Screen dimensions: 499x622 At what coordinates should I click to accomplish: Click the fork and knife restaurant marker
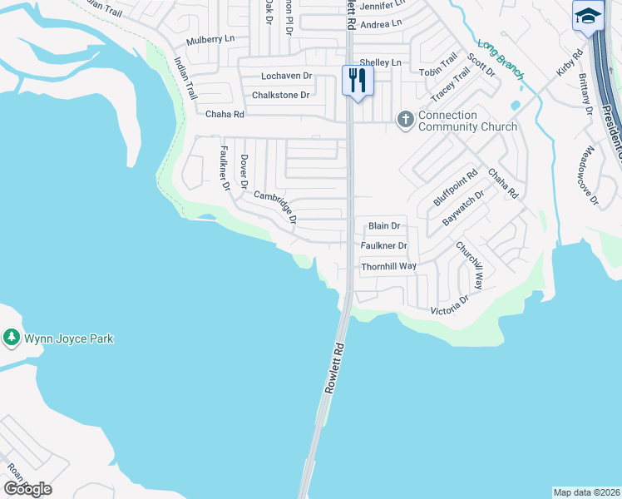click(x=358, y=82)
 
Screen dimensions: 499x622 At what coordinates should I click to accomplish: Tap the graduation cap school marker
click(x=587, y=17)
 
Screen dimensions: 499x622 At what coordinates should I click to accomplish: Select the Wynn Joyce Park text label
click(x=68, y=338)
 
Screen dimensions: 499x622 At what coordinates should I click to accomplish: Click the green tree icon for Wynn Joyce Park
click(x=11, y=338)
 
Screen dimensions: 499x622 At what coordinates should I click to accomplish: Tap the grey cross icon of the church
click(x=406, y=120)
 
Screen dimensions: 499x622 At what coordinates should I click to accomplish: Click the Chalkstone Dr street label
click(x=280, y=95)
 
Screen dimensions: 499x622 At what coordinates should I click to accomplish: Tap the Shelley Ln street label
click(x=380, y=62)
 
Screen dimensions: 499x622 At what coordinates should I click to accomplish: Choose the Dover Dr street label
click(x=244, y=171)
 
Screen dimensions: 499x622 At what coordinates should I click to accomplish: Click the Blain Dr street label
click(x=384, y=225)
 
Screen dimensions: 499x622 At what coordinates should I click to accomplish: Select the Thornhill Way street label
click(x=388, y=266)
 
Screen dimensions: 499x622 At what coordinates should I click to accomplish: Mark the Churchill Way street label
click(x=469, y=265)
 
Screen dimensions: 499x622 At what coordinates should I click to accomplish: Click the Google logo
click(x=27, y=489)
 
